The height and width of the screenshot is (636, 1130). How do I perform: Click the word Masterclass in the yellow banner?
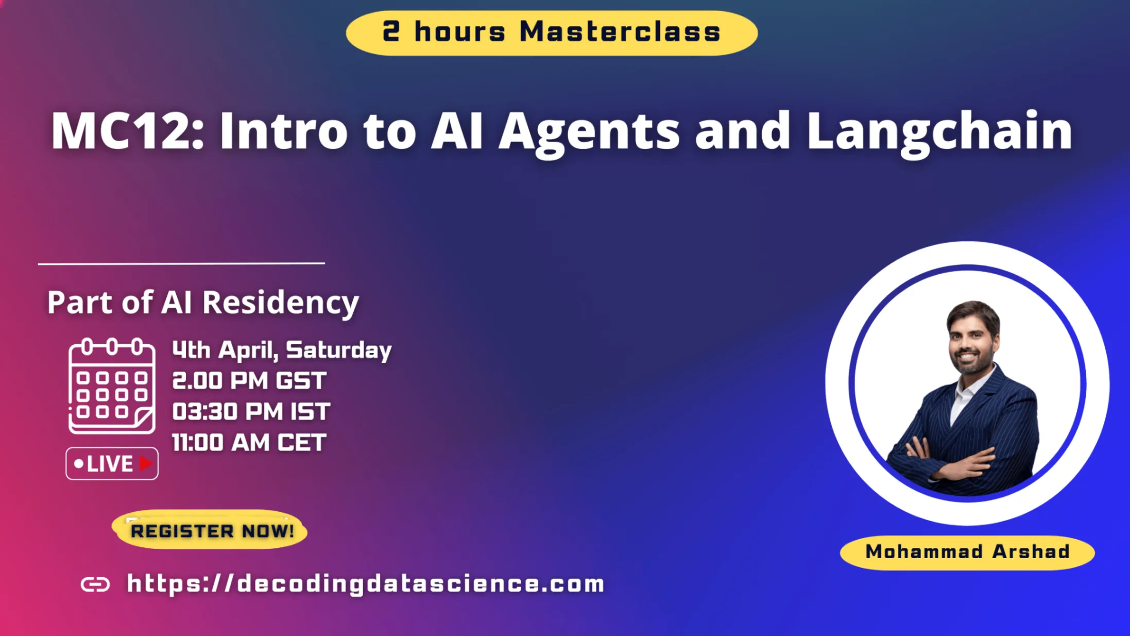click(x=620, y=32)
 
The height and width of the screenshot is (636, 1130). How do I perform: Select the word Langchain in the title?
click(x=939, y=133)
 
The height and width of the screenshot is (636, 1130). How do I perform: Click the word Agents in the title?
click(x=589, y=133)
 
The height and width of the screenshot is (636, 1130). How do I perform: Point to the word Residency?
click(x=281, y=303)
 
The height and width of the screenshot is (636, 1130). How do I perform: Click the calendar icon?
click(x=112, y=386)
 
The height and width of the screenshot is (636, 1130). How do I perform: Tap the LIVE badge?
click(x=112, y=463)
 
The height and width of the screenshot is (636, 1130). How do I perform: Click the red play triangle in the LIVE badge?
click(x=146, y=463)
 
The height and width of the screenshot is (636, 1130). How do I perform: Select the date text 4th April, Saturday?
click(x=282, y=350)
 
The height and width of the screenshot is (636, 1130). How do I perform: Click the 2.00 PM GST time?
click(x=249, y=381)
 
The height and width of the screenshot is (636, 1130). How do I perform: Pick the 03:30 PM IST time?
click(x=251, y=412)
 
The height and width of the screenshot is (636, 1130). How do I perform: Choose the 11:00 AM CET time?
click(x=249, y=443)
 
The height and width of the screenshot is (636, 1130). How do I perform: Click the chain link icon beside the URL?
click(x=95, y=584)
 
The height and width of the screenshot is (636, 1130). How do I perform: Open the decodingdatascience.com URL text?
click(x=366, y=584)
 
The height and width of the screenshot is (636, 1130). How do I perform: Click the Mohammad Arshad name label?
click(x=967, y=552)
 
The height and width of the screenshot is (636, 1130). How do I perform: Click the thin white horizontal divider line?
click(x=181, y=263)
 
